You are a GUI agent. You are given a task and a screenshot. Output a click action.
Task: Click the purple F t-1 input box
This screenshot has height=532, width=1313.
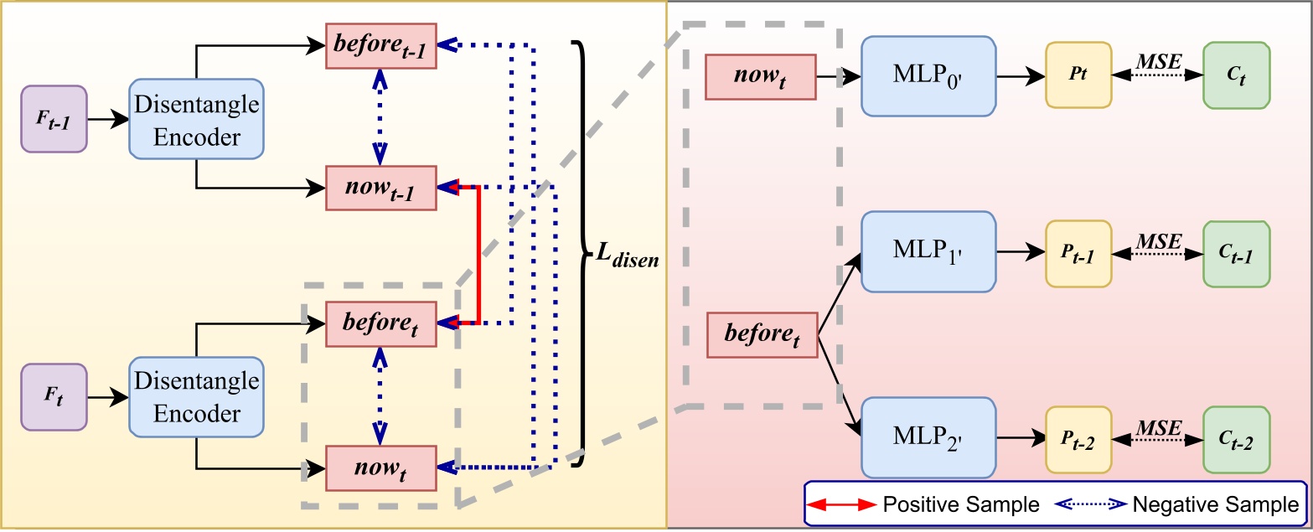(x=54, y=119)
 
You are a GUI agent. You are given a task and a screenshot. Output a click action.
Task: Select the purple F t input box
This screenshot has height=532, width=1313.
(x=54, y=397)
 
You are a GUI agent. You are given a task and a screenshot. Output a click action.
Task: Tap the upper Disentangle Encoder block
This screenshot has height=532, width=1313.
(x=196, y=118)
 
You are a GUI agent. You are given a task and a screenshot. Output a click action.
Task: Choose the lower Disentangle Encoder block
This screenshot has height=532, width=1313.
(x=196, y=397)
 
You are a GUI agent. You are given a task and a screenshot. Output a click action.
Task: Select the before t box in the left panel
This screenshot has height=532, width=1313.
(x=381, y=323)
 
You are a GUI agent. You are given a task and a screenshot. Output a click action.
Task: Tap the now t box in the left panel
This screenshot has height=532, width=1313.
(x=381, y=467)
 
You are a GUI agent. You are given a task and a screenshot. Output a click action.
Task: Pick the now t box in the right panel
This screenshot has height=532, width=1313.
(x=761, y=76)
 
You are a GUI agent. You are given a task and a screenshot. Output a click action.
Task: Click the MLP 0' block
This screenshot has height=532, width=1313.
(x=928, y=76)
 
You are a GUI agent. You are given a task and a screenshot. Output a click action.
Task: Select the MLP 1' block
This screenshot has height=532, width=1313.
(x=928, y=251)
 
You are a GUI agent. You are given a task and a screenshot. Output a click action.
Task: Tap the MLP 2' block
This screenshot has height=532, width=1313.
(x=928, y=437)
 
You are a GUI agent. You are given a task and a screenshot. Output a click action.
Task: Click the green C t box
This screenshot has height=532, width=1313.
(x=1236, y=76)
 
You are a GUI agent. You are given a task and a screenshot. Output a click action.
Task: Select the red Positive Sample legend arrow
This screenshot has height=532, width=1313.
(x=839, y=504)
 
